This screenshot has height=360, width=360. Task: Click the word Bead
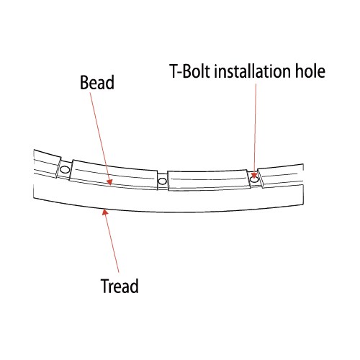point(97,83)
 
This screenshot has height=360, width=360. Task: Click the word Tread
point(120,286)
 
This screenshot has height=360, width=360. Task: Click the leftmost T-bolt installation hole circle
point(65,170)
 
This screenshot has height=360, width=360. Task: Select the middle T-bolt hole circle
point(163,181)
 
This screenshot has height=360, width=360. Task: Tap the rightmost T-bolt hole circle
point(254,179)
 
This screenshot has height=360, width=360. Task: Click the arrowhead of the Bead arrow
point(109,182)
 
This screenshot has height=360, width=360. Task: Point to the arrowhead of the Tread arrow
point(105,212)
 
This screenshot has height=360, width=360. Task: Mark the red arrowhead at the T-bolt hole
point(254,175)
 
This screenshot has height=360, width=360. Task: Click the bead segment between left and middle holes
point(114,174)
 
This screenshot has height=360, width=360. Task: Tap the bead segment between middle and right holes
point(208,181)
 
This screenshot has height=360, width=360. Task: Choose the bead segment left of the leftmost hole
point(46,163)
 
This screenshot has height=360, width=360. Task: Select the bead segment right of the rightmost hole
point(282,176)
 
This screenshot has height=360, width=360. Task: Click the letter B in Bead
point(84,83)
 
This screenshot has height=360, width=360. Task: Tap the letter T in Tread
point(105,286)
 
